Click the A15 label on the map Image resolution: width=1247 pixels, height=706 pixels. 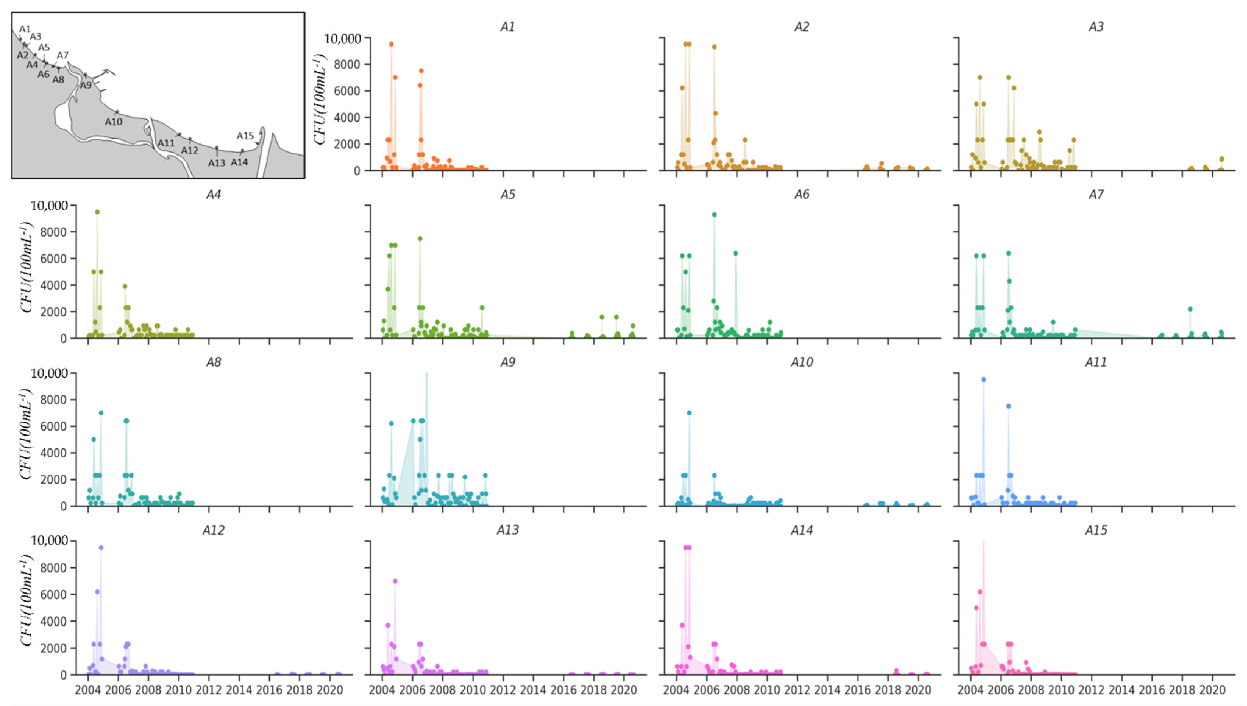tap(245, 136)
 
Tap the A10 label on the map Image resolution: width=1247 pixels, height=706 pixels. tap(113, 122)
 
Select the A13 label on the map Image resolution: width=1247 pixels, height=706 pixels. tap(217, 163)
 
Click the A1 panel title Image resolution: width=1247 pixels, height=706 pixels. tap(507, 27)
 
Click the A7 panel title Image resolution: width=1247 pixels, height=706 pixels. tap(1096, 194)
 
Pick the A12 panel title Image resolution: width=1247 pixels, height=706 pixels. tap(213, 530)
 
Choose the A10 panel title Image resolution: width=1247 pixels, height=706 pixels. tap(801, 362)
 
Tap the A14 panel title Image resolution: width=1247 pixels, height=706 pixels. tap(801, 530)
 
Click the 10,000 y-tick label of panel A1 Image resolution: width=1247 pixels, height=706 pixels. tap(343, 38)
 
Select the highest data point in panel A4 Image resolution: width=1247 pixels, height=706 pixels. tap(97, 212)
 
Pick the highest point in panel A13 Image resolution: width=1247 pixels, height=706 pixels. tap(395, 581)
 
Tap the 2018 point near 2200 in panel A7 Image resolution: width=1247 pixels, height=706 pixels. tap(1190, 309)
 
